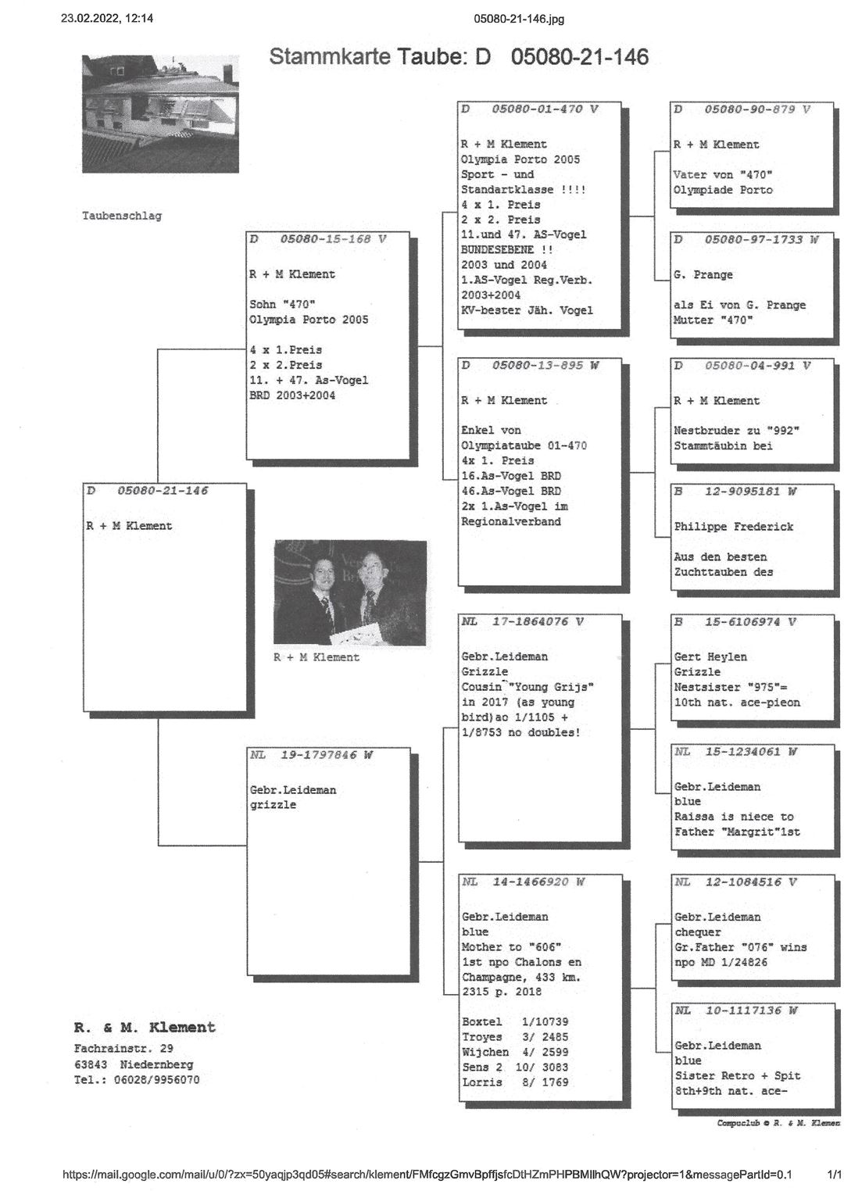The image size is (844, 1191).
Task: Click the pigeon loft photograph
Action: (160, 113)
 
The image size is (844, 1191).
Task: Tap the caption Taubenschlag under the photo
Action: (122, 216)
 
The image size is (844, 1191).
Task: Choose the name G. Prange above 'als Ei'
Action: (703, 275)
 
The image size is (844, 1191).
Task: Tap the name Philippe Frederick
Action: (733, 527)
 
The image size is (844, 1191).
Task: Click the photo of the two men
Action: (350, 592)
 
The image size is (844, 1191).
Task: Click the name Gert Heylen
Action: (710, 657)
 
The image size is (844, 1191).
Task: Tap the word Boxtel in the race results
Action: (481, 1022)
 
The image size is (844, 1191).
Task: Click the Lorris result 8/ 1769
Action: (545, 1082)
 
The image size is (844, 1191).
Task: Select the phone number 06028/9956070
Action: (156, 1080)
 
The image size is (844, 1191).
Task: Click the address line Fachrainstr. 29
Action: (123, 1049)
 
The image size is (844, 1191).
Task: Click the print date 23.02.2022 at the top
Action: (90, 19)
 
